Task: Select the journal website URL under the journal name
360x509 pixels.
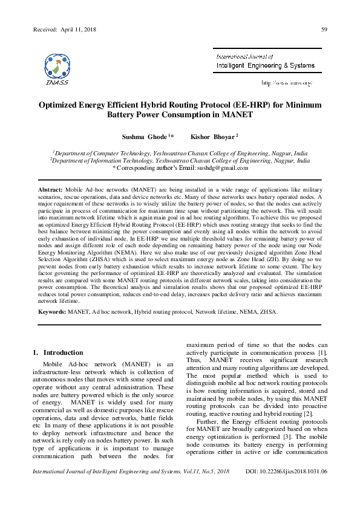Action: [286, 82]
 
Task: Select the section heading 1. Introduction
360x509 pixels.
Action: [58, 352]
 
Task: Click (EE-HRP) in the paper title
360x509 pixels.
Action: [237, 104]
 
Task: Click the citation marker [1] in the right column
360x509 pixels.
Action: [323, 352]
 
